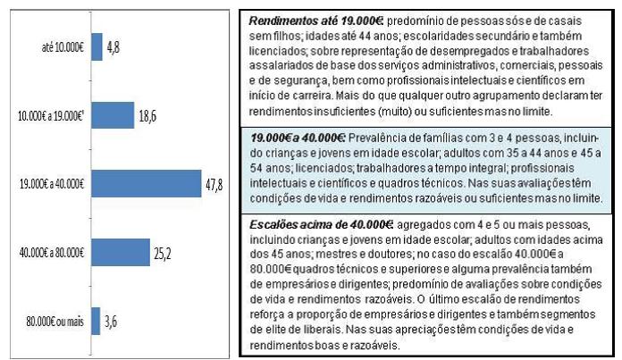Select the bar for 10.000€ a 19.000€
tap(109, 116)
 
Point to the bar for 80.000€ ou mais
tap(95, 322)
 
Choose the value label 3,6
tap(111, 322)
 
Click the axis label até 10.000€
tap(63, 46)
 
